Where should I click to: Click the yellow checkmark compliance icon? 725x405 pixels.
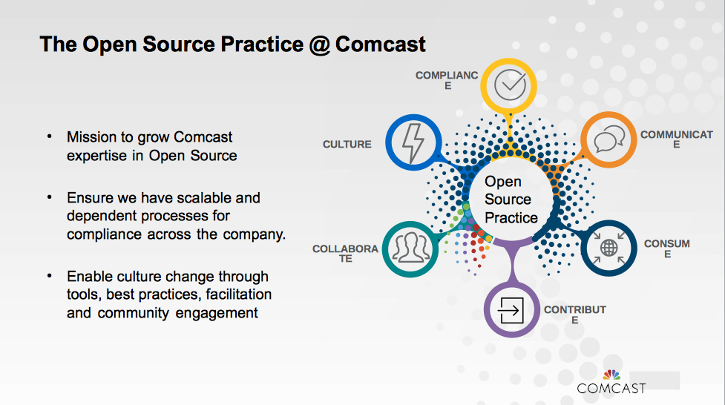508,85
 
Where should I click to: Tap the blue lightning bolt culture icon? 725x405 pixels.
413,142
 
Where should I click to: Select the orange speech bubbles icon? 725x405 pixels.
609,139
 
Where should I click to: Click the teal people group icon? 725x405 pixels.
410,249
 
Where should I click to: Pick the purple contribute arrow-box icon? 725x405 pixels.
512,309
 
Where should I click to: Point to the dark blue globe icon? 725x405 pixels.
609,248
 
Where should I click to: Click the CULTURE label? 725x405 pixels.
347,144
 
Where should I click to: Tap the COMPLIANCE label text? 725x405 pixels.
447,80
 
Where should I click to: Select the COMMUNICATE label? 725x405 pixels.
677,139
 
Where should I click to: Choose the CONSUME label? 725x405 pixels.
666,248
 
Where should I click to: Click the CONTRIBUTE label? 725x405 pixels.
574,315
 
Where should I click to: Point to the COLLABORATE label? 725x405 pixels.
345,254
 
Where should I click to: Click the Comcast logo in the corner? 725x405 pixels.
611,382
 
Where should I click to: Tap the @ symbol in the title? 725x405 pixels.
320,45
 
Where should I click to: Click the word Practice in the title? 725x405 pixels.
262,45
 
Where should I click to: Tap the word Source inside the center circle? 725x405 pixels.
508,200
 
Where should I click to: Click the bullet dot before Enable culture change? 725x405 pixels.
50,276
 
